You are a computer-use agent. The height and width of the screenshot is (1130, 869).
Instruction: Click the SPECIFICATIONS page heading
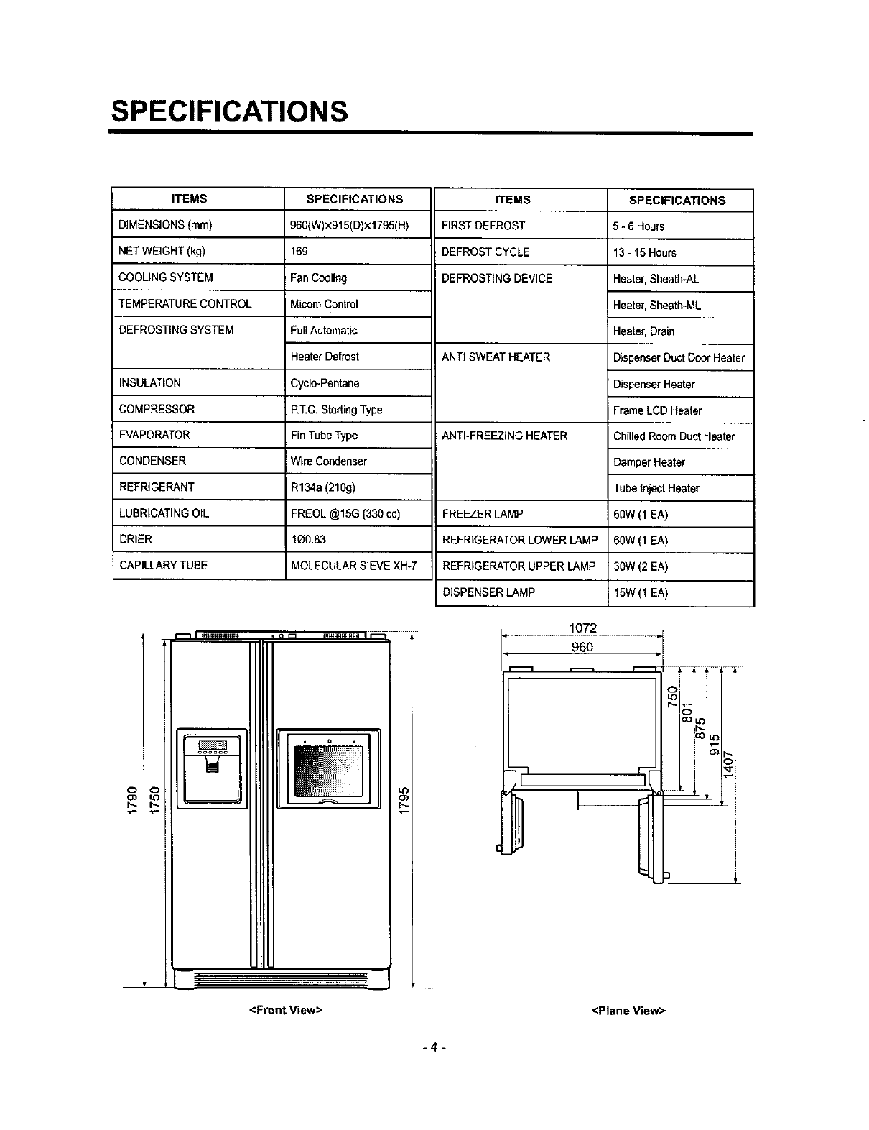(x=229, y=111)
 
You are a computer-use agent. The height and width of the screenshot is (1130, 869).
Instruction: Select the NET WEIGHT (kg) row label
(x=162, y=251)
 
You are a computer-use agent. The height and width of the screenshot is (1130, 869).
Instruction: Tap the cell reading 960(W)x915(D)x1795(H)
(x=350, y=225)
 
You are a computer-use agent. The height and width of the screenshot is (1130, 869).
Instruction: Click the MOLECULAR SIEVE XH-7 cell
(x=354, y=565)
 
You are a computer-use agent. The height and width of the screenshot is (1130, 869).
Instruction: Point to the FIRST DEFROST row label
(x=483, y=225)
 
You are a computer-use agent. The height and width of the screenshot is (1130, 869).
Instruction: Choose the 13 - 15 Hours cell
(x=644, y=252)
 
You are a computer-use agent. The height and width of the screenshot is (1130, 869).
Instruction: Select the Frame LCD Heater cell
(x=657, y=410)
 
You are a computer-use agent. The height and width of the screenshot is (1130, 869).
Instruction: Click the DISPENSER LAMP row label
(x=488, y=592)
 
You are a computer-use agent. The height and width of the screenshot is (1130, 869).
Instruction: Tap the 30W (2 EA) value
(x=641, y=566)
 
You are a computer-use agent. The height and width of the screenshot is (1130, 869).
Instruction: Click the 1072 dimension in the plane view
(x=582, y=628)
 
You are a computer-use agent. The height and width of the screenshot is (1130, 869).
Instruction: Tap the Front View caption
(x=285, y=1010)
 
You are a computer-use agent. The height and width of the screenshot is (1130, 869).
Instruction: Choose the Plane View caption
(x=629, y=1011)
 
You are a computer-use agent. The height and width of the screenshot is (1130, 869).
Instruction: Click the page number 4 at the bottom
(x=434, y=1047)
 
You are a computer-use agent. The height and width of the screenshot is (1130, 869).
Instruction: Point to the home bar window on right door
(x=328, y=768)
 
